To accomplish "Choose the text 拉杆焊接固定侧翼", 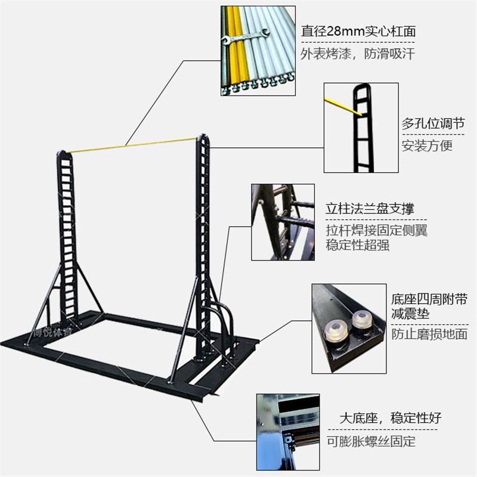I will pos(376,230).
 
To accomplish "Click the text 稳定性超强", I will pos(358,245).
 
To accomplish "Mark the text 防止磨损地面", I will pos(429,334).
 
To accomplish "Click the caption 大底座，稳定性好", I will pos(391,417).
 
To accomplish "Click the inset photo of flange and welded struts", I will pos(283,222).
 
